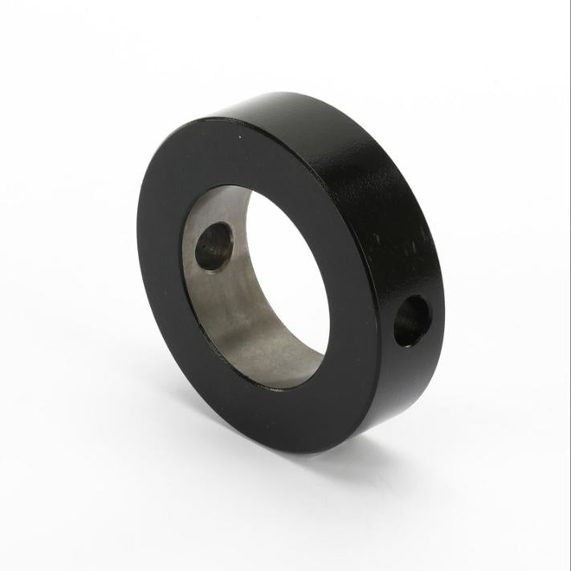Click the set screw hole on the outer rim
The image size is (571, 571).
click(x=412, y=320)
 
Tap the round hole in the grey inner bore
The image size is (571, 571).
click(x=214, y=246)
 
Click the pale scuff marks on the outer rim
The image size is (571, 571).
click(x=402, y=241)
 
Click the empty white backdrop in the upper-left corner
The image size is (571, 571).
click(x=48, y=48)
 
